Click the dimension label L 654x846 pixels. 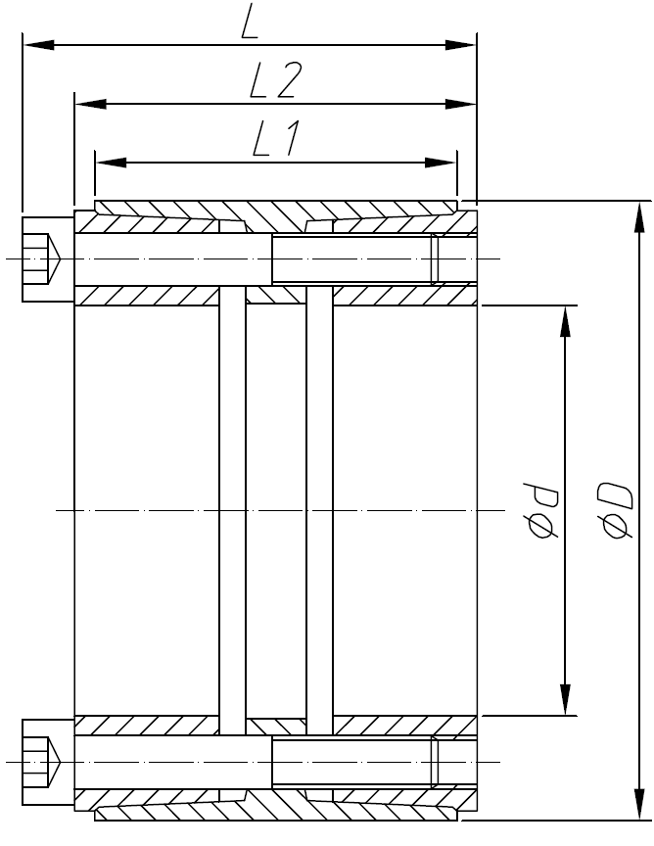click(249, 23)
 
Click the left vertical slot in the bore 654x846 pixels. click(232, 509)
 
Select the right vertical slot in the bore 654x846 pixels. click(319, 509)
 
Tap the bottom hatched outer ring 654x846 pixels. click(275, 812)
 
